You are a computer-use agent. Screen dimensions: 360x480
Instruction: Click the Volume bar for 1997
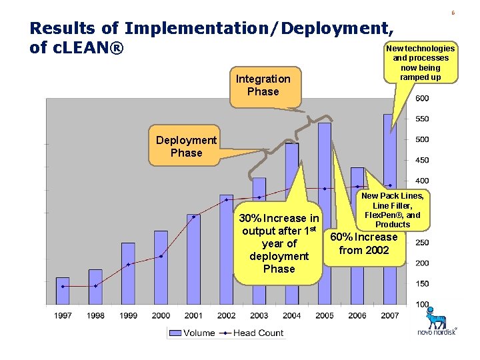coord(63,291)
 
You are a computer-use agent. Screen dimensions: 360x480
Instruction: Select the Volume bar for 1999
coord(128,273)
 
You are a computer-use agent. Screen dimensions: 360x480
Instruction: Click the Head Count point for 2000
coord(161,256)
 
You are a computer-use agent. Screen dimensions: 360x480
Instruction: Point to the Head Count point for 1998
coord(95,286)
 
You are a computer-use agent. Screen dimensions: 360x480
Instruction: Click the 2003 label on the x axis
coord(259,315)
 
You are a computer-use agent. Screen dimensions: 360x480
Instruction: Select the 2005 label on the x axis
coord(324,315)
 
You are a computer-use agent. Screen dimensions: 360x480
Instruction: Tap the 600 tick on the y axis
coord(422,99)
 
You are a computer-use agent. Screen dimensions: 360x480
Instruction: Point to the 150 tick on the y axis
coord(422,284)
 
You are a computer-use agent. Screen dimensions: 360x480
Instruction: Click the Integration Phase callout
coord(263,85)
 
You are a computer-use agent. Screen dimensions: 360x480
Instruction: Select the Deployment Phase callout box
coord(186,147)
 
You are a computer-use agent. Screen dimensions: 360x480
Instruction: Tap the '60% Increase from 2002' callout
coord(364,244)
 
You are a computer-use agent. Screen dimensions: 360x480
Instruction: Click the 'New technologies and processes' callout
coord(420,63)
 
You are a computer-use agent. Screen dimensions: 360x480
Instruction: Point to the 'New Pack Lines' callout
coord(393,210)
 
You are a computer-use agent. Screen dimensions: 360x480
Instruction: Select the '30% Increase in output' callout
coord(279,243)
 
